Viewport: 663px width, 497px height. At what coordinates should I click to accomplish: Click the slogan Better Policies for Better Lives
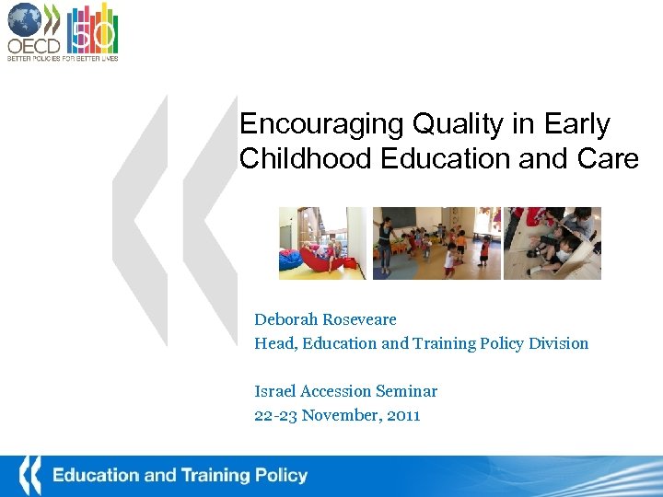(63, 58)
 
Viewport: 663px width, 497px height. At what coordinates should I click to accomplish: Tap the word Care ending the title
(609, 158)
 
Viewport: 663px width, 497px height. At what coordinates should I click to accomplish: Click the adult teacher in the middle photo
(384, 240)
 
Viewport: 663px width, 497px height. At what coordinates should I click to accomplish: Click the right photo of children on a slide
(552, 243)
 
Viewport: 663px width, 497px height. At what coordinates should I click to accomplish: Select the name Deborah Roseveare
(325, 319)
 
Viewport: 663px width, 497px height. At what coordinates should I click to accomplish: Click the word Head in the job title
(272, 343)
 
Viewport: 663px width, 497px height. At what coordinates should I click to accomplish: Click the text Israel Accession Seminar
(345, 391)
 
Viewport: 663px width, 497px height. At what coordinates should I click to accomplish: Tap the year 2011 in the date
(403, 415)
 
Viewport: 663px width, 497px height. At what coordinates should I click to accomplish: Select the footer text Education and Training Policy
(180, 476)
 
